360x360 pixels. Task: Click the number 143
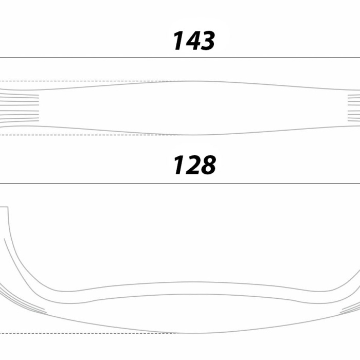coord(194,41)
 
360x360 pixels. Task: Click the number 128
coord(194,165)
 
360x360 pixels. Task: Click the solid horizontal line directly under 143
coord(180,58)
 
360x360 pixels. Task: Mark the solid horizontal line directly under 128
coord(180,184)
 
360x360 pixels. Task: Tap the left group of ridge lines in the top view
coord(20,107)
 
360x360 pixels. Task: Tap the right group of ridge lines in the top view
coord(354,107)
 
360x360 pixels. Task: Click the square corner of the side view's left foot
coord(8,207)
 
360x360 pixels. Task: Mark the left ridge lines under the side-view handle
coord(23,300)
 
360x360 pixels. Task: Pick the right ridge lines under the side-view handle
coord(350,307)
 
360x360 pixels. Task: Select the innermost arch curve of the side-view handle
coord(193,282)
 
